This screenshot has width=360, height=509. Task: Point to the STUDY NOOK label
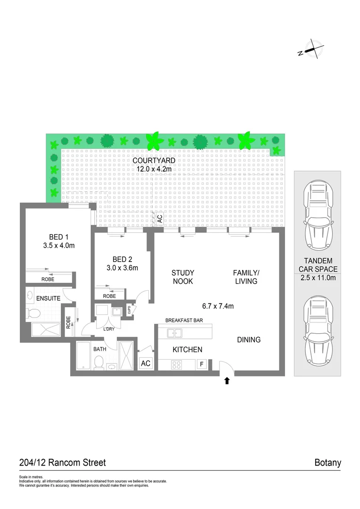[x=182, y=277]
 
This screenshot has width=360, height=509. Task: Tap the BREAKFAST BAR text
[x=184, y=320]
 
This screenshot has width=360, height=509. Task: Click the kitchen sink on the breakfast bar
[x=175, y=333]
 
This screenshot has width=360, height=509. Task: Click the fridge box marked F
[x=202, y=364]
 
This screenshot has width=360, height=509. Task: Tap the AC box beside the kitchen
[x=146, y=364]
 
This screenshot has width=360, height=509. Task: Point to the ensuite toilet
[x=33, y=313]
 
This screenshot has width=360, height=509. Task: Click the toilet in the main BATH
[x=99, y=362]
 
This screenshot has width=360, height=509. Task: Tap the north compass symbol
[x=311, y=49]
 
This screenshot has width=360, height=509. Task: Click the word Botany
[x=327, y=463]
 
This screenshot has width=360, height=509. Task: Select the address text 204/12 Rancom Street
[x=62, y=463]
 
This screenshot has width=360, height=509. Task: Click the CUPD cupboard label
[x=129, y=310]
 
